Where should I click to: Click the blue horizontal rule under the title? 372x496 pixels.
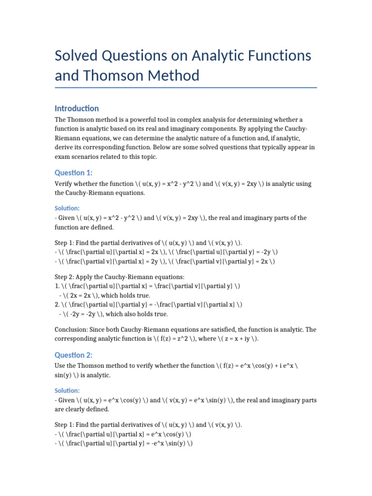point(186,88)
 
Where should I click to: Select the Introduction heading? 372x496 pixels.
point(77,108)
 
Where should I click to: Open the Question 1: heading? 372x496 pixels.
point(74,173)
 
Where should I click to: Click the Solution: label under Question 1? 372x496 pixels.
point(67,207)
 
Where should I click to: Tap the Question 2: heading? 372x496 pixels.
point(74,355)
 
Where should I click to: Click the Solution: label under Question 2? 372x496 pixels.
point(67,390)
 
